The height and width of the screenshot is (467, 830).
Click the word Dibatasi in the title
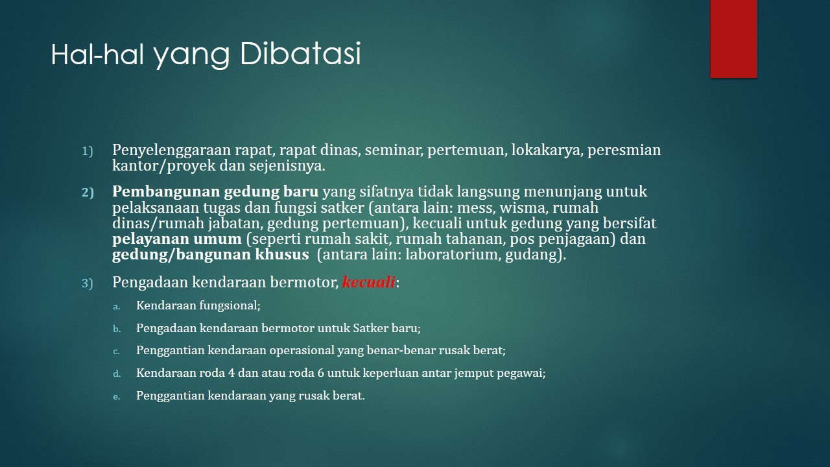300,54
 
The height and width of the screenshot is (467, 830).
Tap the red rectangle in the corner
733,38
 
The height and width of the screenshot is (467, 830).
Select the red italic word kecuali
369,282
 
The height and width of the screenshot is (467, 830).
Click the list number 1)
88,151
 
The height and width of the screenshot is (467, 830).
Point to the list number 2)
88,193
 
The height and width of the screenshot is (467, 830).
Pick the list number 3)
88,283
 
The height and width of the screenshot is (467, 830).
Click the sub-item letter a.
116,307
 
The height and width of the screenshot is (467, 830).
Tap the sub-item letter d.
117,373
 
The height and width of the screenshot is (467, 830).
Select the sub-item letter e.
116,396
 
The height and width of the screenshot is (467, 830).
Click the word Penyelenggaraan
172,150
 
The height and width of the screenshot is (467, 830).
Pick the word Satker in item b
365,328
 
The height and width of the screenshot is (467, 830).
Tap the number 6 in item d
321,373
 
